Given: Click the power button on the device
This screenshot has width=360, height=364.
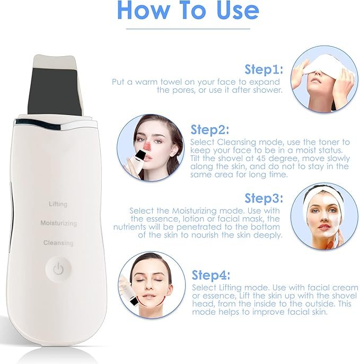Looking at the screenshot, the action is pos(58,269).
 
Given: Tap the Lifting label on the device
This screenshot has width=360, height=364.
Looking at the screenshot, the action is pos(58,204).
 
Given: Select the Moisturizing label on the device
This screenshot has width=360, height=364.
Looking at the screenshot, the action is pos(59,223).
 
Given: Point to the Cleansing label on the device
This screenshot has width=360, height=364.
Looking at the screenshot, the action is pos(58,243).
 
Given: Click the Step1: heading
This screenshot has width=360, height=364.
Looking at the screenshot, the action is pos(264,69).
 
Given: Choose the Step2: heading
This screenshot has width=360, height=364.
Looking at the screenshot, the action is pos(210,129).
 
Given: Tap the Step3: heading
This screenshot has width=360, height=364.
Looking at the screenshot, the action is pos(264,198).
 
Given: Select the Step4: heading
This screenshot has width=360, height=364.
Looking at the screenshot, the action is pos(211,275).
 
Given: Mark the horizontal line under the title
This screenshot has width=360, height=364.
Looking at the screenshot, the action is pos(188,29).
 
